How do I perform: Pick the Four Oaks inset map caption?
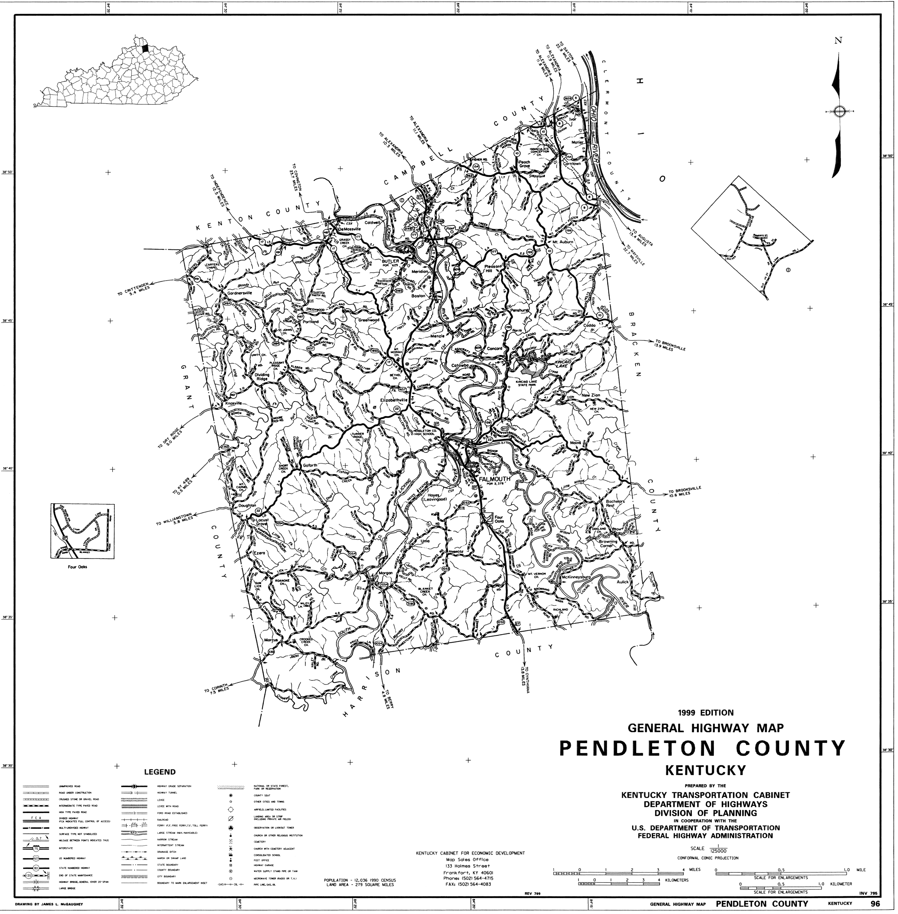click(77, 567)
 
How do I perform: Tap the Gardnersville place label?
click(240, 293)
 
